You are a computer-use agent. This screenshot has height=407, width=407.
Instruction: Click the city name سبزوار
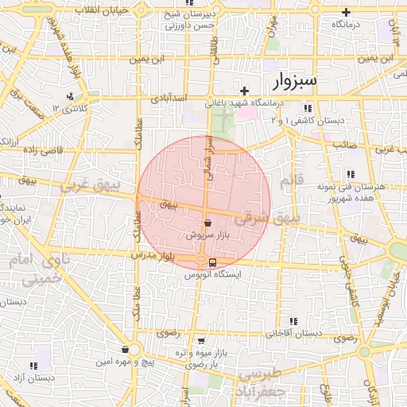(294, 80)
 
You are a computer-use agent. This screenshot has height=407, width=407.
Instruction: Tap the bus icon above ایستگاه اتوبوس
(212, 262)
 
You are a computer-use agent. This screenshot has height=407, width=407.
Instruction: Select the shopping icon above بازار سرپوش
(207, 224)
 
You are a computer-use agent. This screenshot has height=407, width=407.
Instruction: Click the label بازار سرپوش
(207, 236)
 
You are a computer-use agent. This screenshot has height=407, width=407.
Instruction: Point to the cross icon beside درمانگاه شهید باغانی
(245, 90)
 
